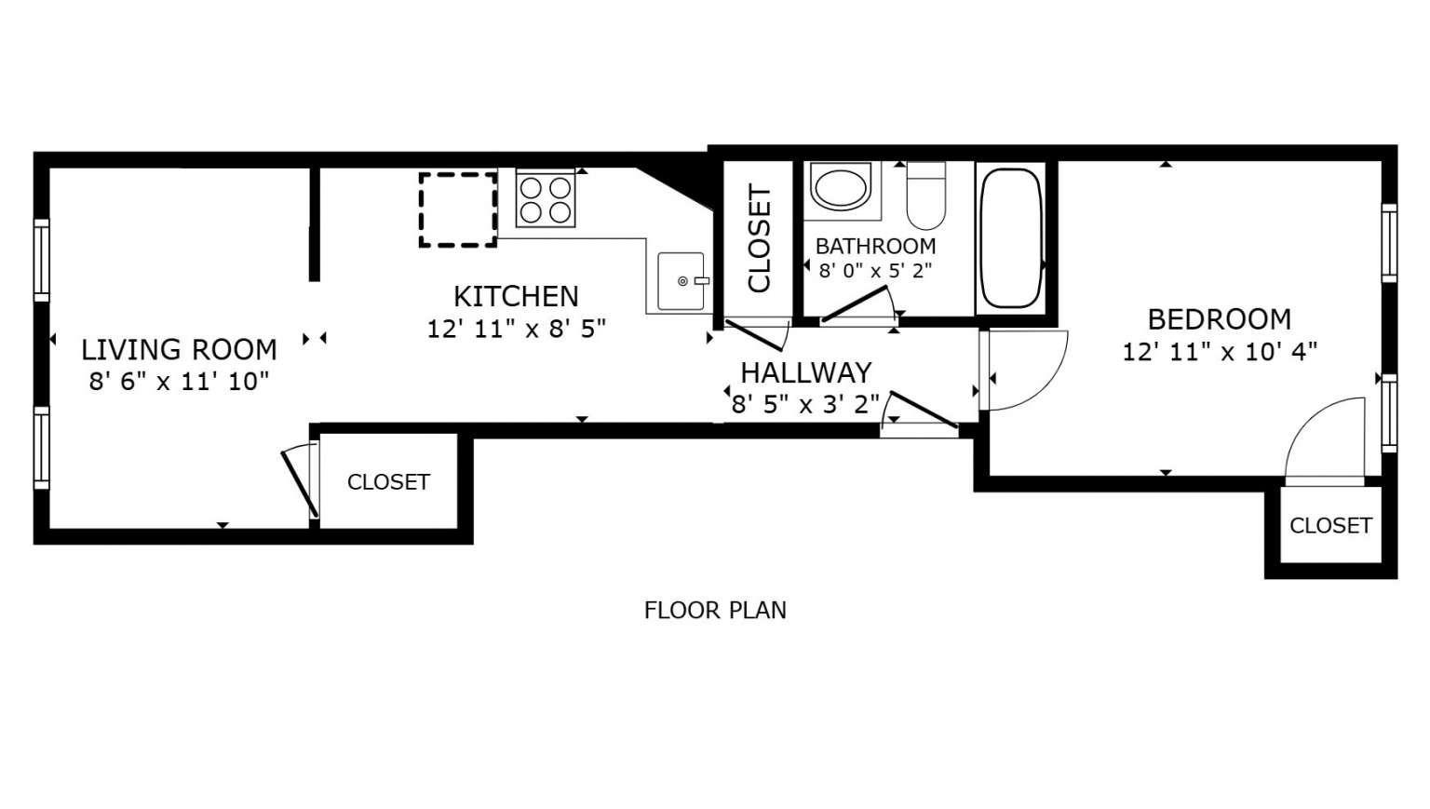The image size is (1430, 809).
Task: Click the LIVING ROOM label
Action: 180,350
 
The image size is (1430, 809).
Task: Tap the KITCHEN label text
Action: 516,296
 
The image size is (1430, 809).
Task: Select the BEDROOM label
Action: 1220,319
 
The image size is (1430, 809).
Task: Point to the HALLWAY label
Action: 805,372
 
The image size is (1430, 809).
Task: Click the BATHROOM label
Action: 875,246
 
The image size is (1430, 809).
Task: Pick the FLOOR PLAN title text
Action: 715,611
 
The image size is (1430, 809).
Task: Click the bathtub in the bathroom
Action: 1011,238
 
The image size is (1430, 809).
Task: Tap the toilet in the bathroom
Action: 925,196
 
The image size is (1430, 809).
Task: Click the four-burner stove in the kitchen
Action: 546,199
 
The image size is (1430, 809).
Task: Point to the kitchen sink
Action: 681,281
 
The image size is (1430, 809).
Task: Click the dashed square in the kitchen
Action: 458,210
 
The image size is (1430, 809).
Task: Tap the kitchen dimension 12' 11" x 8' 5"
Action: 516,329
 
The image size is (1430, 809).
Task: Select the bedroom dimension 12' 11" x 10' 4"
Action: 1220,352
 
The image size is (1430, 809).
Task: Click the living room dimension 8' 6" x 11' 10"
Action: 180,382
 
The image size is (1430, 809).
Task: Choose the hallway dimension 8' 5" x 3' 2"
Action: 805,405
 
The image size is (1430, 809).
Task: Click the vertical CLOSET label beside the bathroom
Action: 760,239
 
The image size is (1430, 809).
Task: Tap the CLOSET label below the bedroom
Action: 1330,525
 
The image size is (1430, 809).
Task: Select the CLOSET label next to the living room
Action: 389,482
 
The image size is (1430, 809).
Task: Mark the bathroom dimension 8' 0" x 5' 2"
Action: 875,271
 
